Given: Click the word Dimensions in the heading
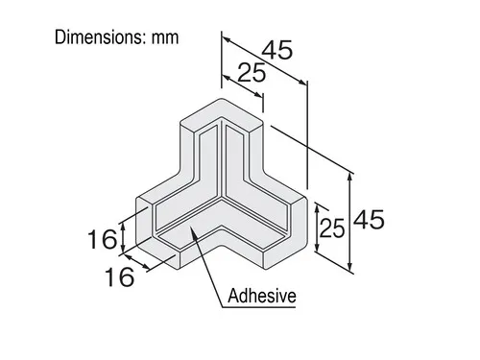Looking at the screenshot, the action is click(98, 37).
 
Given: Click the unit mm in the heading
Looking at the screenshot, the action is click(165, 38).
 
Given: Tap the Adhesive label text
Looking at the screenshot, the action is click(261, 296).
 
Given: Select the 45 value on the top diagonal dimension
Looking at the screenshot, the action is click(277, 50).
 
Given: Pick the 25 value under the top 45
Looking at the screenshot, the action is click(252, 73).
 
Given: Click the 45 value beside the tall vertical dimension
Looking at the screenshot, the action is click(369, 220).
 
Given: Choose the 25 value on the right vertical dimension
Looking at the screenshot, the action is click(332, 228).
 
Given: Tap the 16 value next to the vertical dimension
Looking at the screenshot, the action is click(103, 239).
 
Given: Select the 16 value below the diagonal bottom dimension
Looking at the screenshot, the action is click(119, 276).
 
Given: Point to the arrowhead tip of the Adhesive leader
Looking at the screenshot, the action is click(190, 227).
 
